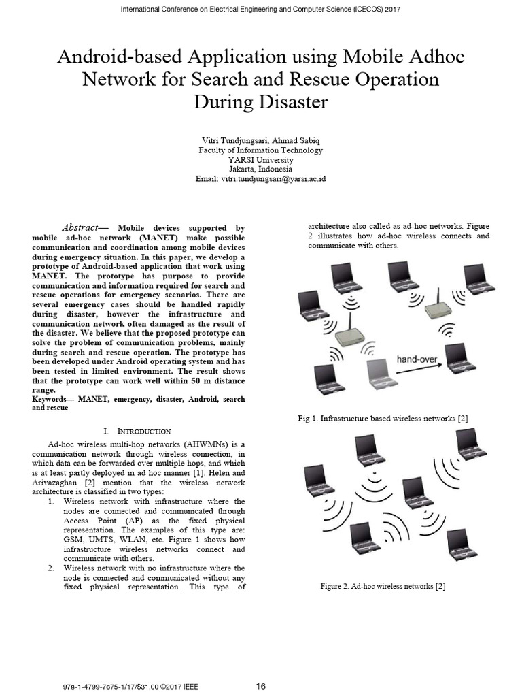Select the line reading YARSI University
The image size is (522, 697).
(x=260, y=159)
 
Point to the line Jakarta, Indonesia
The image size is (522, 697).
(x=260, y=169)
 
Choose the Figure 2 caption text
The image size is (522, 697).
(x=383, y=586)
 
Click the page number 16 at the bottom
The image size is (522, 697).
(x=260, y=686)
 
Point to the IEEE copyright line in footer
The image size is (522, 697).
(x=129, y=686)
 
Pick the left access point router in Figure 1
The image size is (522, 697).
(x=350, y=331)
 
